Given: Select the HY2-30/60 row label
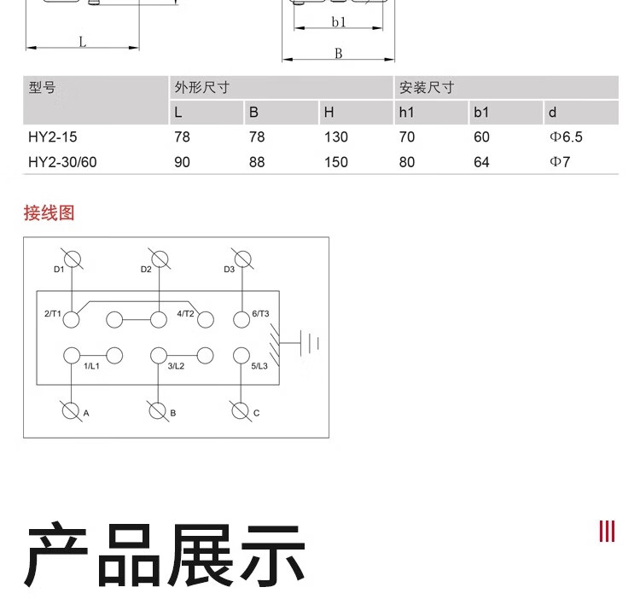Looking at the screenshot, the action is click(x=63, y=161).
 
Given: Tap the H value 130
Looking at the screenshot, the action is click(x=336, y=137).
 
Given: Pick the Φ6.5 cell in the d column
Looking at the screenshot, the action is click(x=567, y=137).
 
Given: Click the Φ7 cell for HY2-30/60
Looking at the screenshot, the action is click(x=560, y=161).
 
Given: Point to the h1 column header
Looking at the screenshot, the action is click(x=406, y=112).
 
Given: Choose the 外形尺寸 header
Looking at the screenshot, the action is click(x=202, y=87).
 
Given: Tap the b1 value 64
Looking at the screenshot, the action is click(x=481, y=161).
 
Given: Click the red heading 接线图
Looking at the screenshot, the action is click(x=49, y=212).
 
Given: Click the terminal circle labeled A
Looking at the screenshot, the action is click(x=72, y=410).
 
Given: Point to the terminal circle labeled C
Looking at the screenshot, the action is click(x=241, y=410).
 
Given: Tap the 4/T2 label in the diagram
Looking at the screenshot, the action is click(x=186, y=313).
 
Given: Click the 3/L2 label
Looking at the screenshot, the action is click(x=176, y=366).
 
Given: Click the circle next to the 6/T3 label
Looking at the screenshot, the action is click(x=241, y=320).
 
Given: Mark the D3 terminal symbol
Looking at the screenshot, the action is click(x=242, y=259).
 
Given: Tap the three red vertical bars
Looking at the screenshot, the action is click(x=607, y=531).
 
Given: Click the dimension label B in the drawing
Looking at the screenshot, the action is click(x=338, y=53).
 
